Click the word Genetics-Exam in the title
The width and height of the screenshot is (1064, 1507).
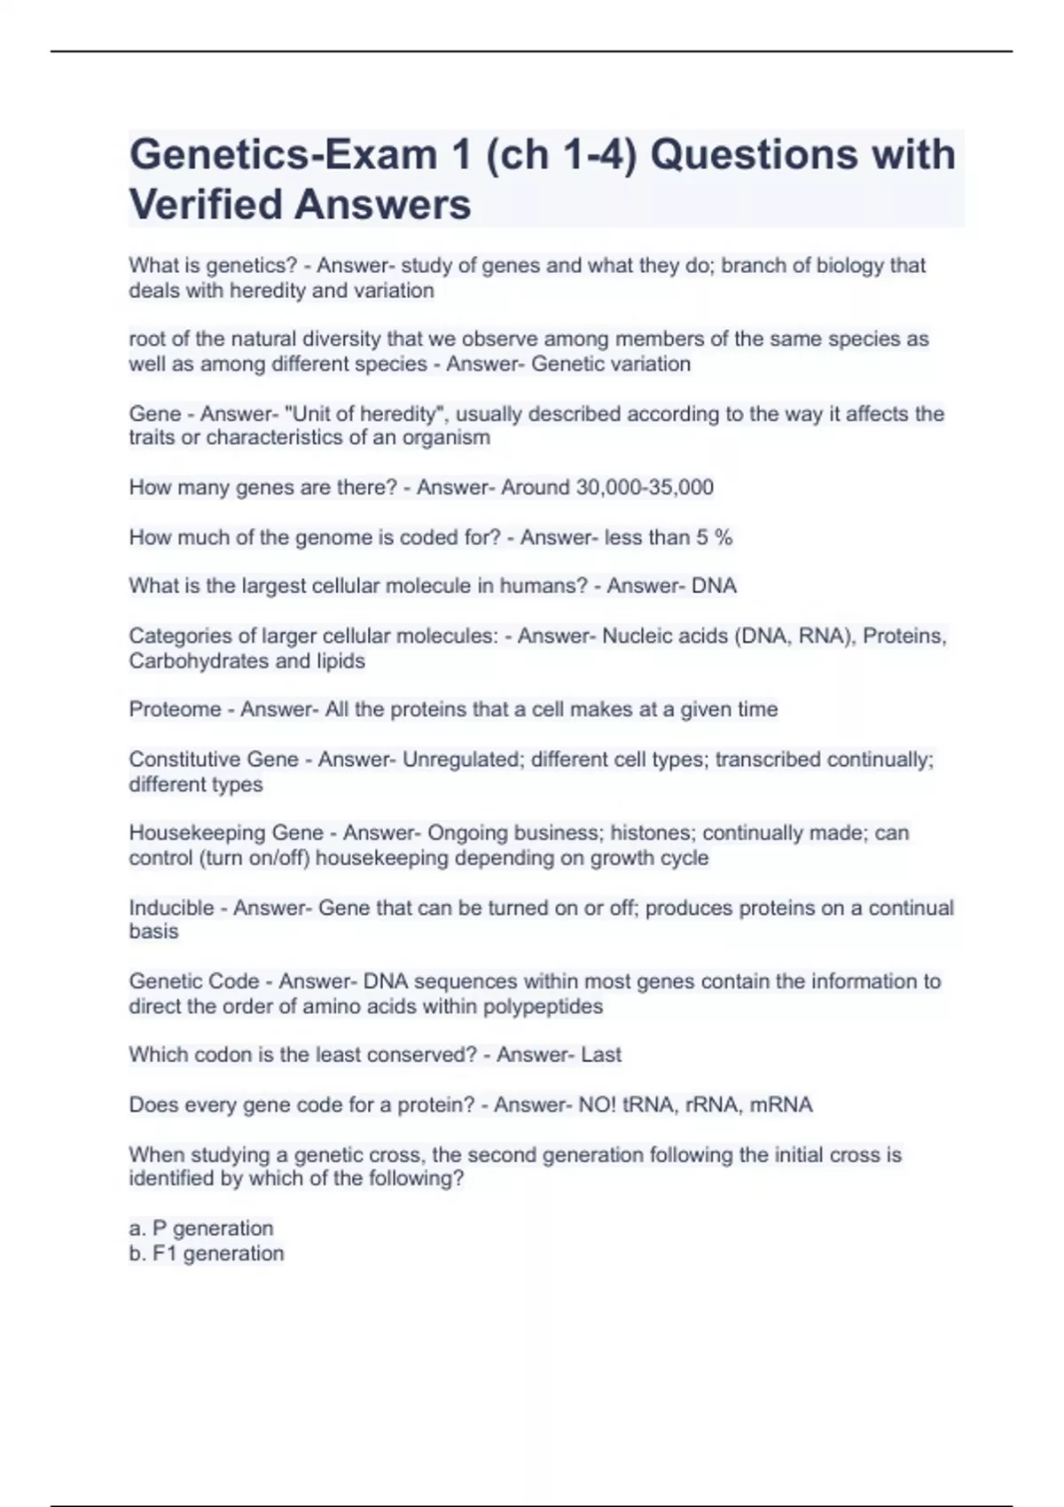pyautogui.click(x=282, y=155)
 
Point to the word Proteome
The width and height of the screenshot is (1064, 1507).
pyautogui.click(x=175, y=709)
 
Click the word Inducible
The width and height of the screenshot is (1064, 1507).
pyautogui.click(x=171, y=908)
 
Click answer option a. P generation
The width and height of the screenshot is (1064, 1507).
pyautogui.click(x=201, y=1229)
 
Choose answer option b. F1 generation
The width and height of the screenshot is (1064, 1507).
pyautogui.click(x=207, y=1253)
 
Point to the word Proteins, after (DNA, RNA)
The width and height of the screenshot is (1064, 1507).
pyautogui.click(x=904, y=636)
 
